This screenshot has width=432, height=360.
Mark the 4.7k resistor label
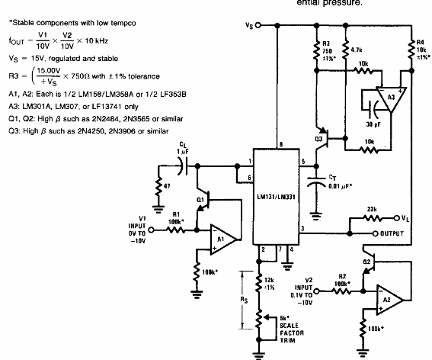(357, 48)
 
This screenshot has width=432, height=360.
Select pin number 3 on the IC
(302, 228)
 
